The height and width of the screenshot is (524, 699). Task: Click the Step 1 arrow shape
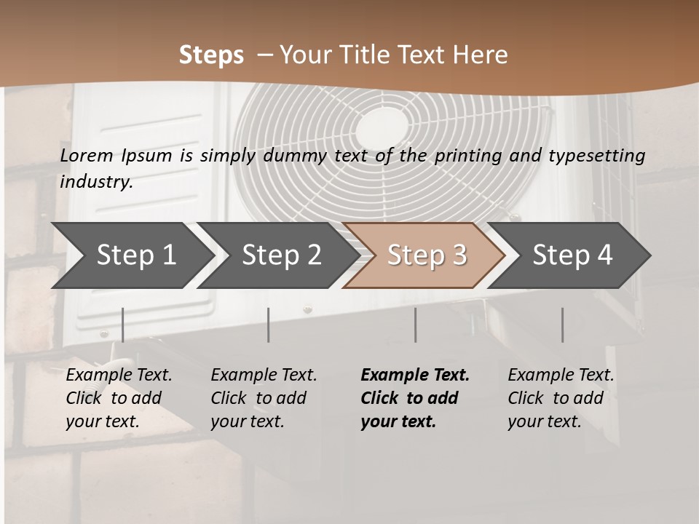135,255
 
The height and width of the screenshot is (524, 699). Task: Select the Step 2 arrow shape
280,255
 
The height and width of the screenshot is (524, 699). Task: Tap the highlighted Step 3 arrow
426,255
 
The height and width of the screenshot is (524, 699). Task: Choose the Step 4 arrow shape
572,255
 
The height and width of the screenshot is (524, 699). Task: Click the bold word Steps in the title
211,55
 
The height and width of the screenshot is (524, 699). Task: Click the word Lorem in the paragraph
87,155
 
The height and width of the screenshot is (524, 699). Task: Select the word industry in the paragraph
95,182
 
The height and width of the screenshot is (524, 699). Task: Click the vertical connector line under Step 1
123,325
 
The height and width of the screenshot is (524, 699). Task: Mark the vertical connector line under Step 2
269,325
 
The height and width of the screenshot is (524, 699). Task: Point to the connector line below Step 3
416,325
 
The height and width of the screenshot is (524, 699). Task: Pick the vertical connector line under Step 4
562,325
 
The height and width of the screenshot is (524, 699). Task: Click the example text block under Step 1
119,398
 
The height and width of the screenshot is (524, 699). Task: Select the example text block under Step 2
264,398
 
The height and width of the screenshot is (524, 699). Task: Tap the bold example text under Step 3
415,398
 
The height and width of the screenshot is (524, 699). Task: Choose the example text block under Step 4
561,398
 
